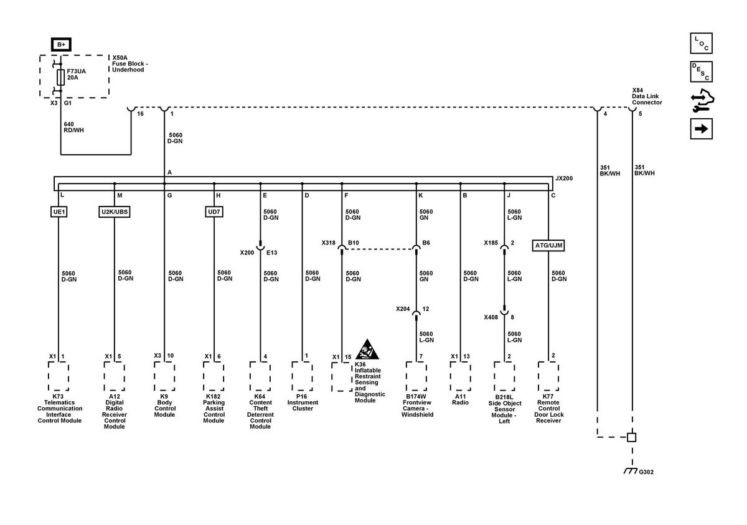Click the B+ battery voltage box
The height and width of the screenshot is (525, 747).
[x=61, y=44]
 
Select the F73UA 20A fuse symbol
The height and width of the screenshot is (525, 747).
[x=61, y=77]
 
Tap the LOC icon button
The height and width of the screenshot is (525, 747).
[x=701, y=43]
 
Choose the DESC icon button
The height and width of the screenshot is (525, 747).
[x=701, y=72]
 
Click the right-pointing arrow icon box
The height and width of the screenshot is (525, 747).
[x=701, y=129]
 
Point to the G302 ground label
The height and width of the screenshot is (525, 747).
[x=646, y=472]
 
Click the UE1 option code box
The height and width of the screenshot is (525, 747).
[x=59, y=211]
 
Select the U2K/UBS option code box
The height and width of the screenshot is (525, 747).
[x=115, y=211]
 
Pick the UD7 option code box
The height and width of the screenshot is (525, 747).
[x=214, y=211]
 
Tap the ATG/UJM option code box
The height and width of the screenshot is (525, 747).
[x=548, y=245]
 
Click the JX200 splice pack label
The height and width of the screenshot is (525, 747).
[x=564, y=179]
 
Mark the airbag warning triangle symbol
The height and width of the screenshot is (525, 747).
[x=367, y=350]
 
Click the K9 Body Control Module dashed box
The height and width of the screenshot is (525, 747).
[x=164, y=376]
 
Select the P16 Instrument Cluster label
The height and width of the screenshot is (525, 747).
[x=303, y=402]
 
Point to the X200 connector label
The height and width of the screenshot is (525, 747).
[x=247, y=253]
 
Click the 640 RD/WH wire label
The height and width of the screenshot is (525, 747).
[x=73, y=127]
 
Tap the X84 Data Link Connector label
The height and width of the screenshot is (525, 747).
[x=647, y=96]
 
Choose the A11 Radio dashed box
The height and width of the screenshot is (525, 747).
[x=460, y=376]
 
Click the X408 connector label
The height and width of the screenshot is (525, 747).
[x=491, y=317]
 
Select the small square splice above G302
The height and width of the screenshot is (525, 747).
[x=632, y=437]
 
